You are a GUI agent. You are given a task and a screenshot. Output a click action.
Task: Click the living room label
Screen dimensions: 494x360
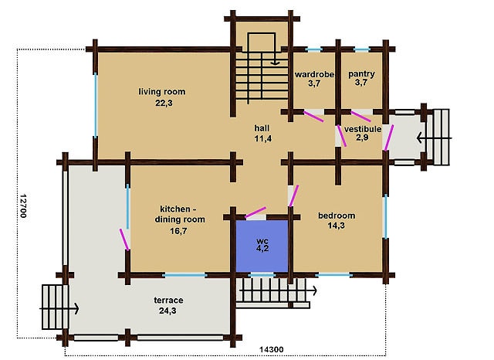162,92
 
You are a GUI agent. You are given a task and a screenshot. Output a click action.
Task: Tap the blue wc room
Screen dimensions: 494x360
262,246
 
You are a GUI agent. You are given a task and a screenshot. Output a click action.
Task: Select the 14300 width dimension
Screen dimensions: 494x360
271,349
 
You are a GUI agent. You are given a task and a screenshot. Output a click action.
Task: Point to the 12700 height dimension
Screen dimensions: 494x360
22,205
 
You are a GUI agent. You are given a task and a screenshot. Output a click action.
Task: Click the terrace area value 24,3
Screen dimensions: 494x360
167,311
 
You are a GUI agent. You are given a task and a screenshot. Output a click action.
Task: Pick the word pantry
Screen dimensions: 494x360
361,74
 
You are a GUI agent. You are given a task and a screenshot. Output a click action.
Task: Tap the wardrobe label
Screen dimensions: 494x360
314,74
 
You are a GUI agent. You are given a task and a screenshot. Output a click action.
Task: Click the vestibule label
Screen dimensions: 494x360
363,129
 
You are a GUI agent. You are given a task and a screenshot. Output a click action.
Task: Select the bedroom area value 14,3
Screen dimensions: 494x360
337,226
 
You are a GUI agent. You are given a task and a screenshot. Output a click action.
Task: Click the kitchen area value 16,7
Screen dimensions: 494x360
178,231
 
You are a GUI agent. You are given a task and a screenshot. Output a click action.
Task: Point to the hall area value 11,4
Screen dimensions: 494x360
262,139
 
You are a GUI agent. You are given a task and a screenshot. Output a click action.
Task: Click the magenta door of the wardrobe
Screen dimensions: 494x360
313,117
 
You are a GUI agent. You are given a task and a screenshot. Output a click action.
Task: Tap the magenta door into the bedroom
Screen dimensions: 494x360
293,195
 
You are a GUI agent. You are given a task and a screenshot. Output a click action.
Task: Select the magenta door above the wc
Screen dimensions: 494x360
255,212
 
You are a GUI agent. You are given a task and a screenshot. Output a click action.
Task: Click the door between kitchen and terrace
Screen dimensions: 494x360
124,239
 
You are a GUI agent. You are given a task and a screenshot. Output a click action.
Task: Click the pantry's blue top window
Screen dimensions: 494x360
361,49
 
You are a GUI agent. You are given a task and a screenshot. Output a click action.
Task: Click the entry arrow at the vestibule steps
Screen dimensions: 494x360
434,138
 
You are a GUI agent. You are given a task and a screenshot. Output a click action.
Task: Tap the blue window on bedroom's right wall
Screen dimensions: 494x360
385,216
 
